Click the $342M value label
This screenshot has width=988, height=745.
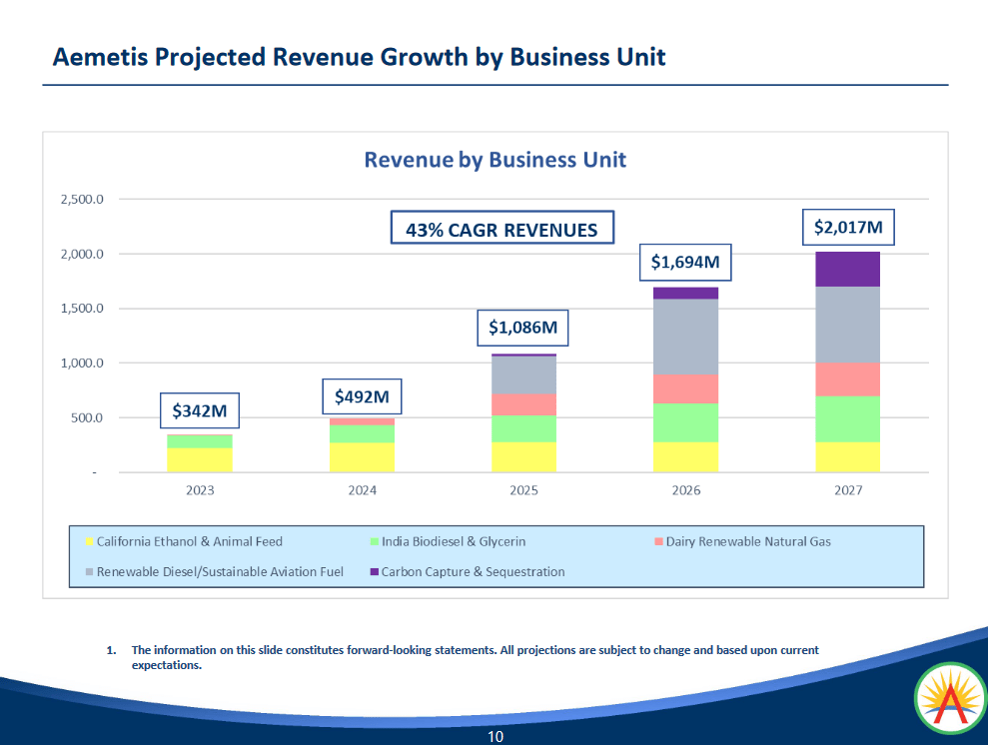(x=199, y=410)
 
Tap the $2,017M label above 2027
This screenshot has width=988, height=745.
(x=848, y=228)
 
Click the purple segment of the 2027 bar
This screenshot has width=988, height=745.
(x=848, y=269)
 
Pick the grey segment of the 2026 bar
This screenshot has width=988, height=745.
(x=686, y=337)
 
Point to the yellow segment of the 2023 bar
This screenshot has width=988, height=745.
(x=199, y=459)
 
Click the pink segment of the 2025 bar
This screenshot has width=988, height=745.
(x=524, y=403)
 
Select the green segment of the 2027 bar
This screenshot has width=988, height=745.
(x=848, y=418)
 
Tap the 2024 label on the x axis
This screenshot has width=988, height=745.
(x=362, y=490)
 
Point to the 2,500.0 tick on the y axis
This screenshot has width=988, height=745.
(x=82, y=200)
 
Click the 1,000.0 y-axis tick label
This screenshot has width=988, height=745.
(x=82, y=364)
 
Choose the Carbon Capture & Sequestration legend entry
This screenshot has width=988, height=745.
(x=473, y=572)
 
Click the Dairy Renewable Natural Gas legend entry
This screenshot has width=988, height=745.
(x=748, y=542)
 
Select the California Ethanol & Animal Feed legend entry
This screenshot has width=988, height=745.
(x=189, y=542)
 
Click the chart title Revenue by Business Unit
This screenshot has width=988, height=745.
(x=494, y=160)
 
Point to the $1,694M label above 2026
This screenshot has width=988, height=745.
(x=686, y=263)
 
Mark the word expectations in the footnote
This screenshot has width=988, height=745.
(x=167, y=665)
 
